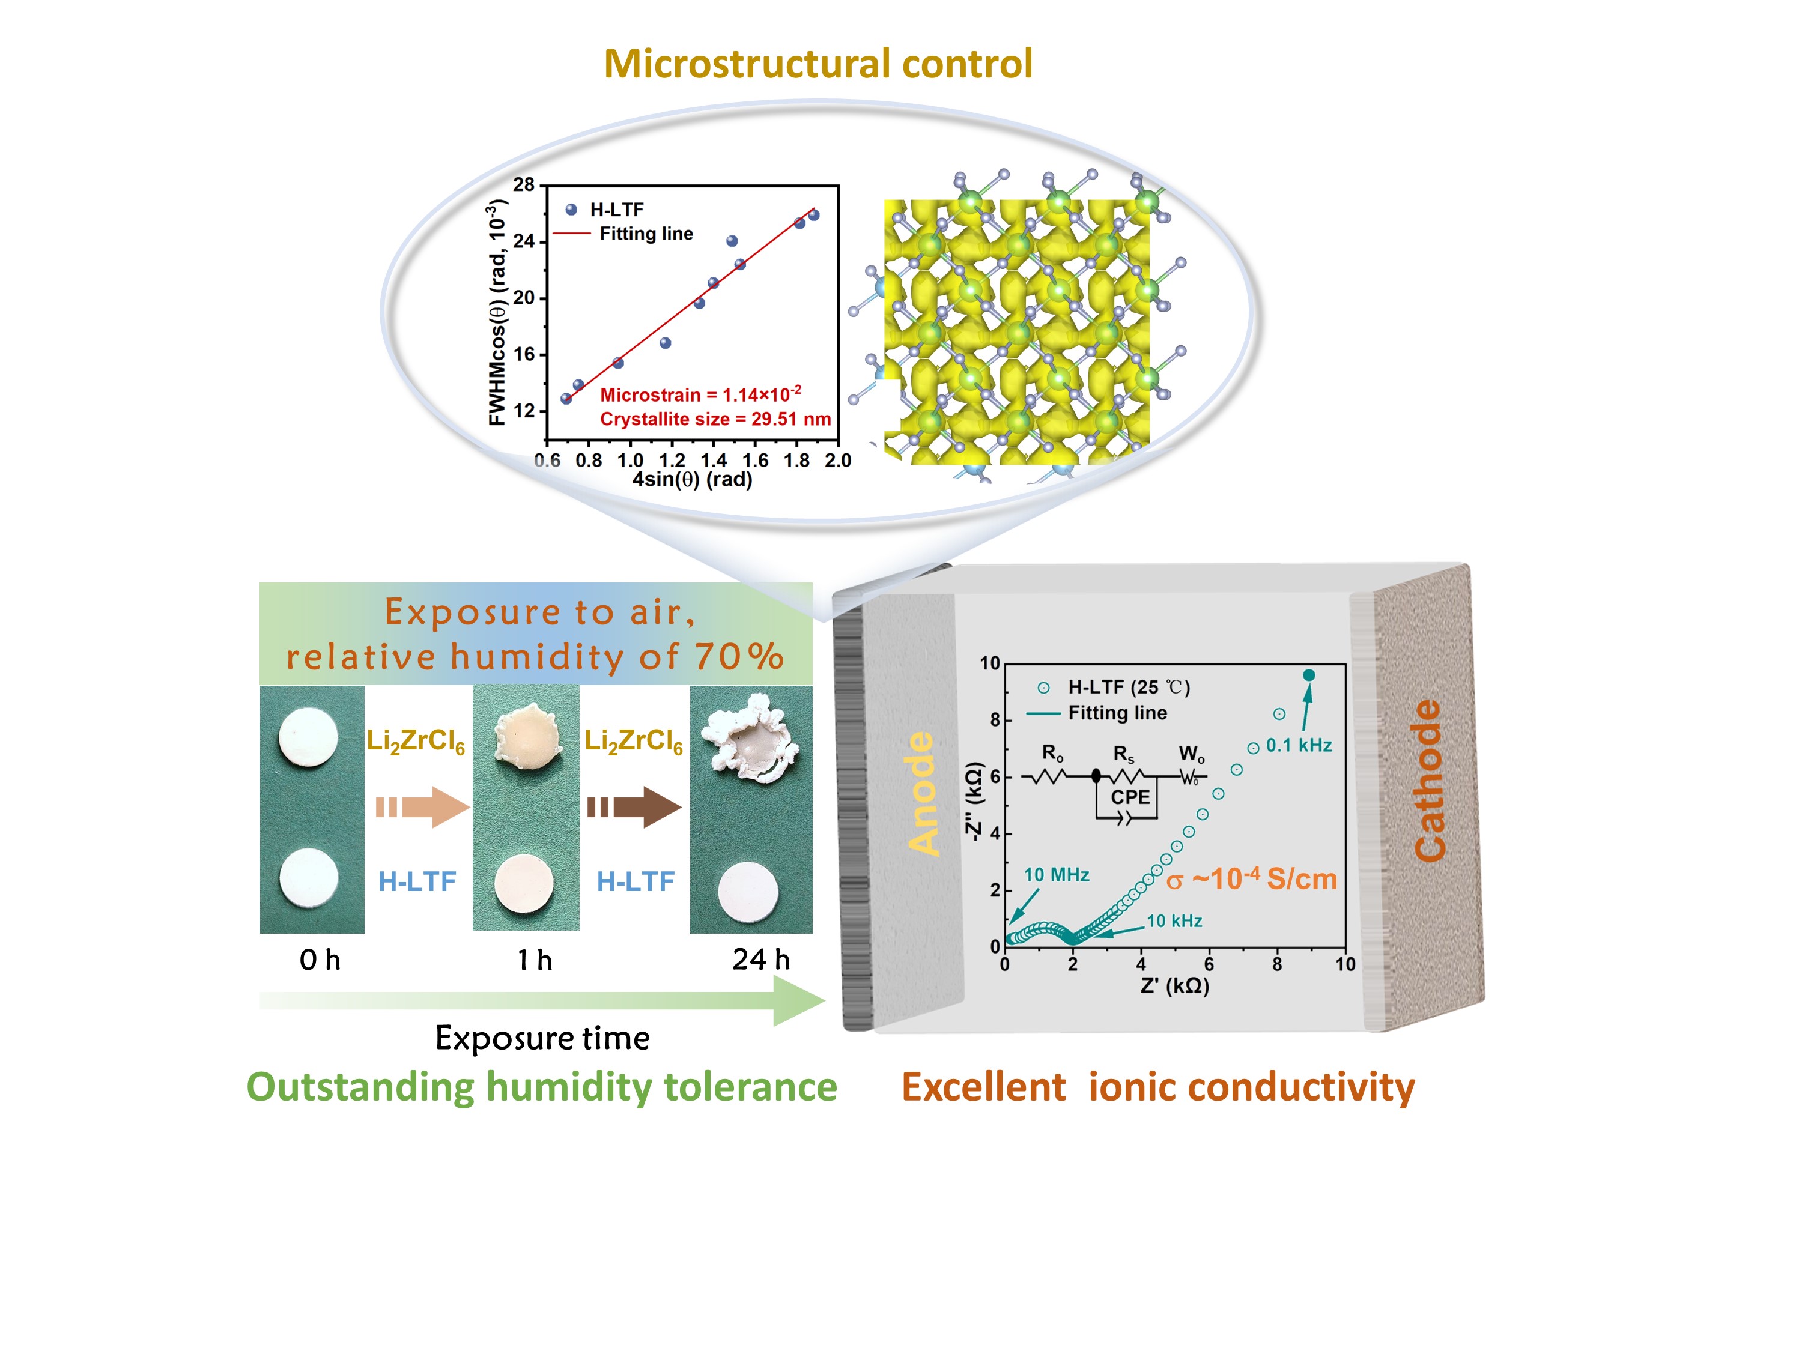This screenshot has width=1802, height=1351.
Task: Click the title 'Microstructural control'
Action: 818,64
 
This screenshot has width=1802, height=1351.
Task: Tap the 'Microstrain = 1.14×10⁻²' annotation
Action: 700,395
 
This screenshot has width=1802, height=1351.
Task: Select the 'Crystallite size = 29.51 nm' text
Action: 715,419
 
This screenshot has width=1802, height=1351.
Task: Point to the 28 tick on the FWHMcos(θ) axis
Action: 524,185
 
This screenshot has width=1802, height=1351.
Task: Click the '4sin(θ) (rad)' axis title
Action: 693,480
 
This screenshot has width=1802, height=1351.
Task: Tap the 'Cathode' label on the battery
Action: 1429,779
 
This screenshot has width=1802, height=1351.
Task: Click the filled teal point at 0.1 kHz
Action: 1308,675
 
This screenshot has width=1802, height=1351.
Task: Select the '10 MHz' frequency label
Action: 1057,875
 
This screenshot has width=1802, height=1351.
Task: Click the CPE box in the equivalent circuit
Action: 1130,797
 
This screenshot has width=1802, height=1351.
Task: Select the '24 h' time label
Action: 761,960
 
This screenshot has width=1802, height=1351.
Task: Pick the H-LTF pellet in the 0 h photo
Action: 309,878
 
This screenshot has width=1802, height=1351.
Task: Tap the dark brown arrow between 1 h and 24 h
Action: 635,807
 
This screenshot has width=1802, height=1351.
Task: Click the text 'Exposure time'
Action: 542,1038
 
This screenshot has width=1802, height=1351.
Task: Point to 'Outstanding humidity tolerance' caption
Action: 542,1087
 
